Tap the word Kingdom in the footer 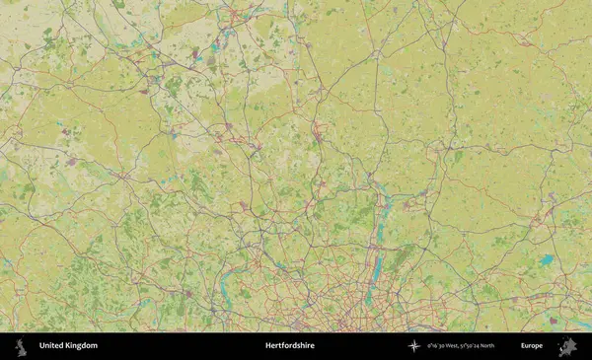tap(81, 346)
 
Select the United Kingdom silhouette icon tap(20, 346)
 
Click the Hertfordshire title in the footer tap(289, 346)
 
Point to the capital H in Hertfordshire tap(267, 346)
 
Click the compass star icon tap(414, 346)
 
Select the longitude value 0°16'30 tap(439, 346)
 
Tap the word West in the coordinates tap(461, 346)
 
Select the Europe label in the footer tap(532, 346)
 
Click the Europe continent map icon tap(567, 346)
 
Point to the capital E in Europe tap(523, 346)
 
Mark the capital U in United tap(41, 346)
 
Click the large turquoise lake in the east tap(546, 260)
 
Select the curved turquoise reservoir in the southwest tap(226, 287)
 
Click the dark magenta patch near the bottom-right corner tap(555, 319)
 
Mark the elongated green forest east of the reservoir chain tap(402, 258)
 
